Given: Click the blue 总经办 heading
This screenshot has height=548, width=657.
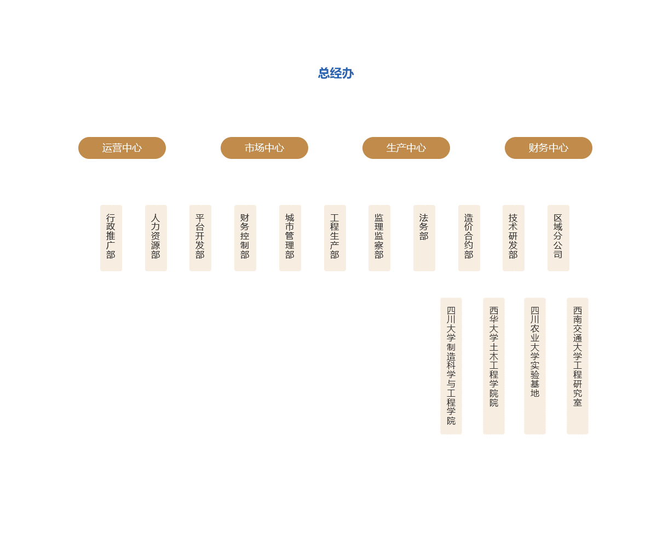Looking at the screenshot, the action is (x=336, y=73).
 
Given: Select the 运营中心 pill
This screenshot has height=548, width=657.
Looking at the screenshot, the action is (x=122, y=148).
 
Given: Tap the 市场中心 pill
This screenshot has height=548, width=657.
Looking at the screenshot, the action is (x=264, y=148).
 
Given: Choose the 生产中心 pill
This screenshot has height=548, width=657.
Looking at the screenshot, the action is (x=406, y=148).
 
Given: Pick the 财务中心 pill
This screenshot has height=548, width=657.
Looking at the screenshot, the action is (x=548, y=148).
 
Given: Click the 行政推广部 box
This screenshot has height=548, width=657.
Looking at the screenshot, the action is (x=111, y=238).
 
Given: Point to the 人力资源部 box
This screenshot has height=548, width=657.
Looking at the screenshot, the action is (x=155, y=238).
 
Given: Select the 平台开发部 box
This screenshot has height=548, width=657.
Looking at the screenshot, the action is (x=200, y=238).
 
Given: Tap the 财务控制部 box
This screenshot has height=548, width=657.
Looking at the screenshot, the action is (x=245, y=238).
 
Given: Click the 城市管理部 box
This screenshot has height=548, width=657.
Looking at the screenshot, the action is (x=290, y=238).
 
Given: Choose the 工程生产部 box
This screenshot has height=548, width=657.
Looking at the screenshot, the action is (x=335, y=238).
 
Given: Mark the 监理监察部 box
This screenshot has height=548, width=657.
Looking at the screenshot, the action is (x=379, y=238).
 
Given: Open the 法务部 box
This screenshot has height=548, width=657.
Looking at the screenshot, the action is (x=424, y=238).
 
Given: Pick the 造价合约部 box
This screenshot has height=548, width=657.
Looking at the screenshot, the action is (x=469, y=238).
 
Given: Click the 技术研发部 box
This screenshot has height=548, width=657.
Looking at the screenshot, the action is (x=513, y=238).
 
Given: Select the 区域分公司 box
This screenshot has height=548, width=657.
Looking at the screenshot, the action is (x=558, y=238).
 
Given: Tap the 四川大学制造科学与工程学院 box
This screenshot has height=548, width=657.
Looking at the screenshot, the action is (x=451, y=366).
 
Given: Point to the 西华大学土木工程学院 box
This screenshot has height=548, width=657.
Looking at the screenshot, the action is (x=494, y=366).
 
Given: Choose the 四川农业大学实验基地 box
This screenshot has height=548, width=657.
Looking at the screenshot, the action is (x=534, y=366).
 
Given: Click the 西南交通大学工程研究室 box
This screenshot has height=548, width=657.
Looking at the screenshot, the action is (x=578, y=366).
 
